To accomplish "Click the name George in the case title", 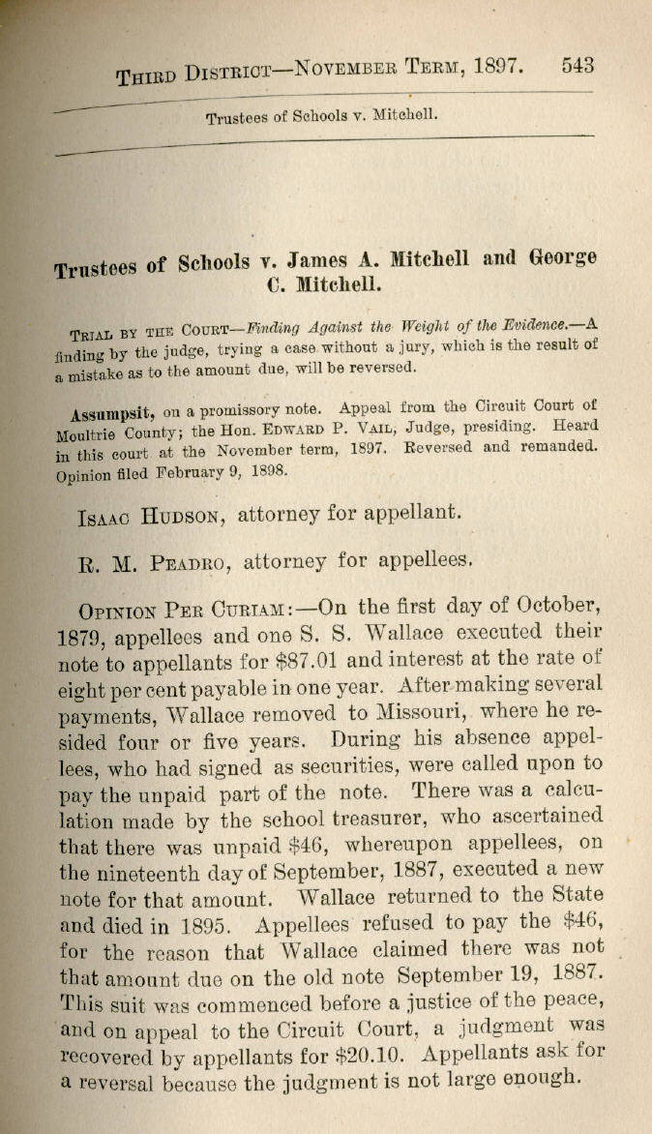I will click(563, 257).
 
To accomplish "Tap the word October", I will click(552, 607).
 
